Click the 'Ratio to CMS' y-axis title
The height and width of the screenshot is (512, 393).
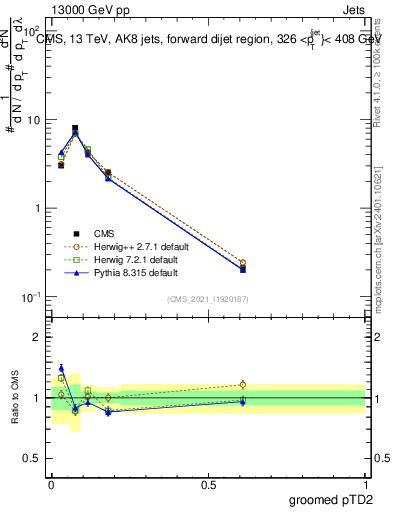pyautogui.click(x=15, y=397)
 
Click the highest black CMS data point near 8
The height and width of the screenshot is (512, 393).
pyautogui.click(x=75, y=128)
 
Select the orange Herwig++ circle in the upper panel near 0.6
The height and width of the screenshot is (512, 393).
pyautogui.click(x=243, y=263)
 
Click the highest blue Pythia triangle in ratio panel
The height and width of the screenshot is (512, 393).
pyautogui.click(x=61, y=368)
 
